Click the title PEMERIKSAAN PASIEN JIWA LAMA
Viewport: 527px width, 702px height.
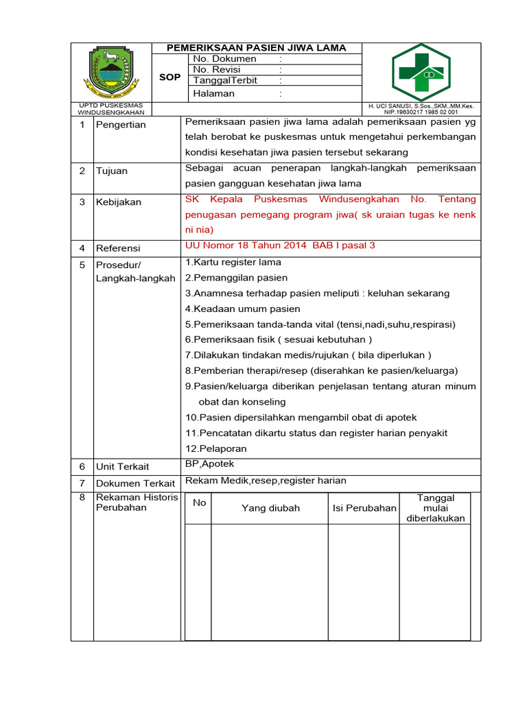point(257,48)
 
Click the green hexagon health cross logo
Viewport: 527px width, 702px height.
point(421,72)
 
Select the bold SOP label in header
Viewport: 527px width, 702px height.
point(169,77)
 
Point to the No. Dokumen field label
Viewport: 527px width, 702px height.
point(224,59)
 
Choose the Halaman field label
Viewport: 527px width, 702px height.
point(213,94)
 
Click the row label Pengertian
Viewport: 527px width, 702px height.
point(121,125)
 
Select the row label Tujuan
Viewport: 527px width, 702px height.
point(111,171)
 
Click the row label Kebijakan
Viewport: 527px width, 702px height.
point(119,202)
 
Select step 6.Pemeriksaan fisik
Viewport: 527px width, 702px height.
point(278,339)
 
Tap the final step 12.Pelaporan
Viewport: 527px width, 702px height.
point(215,448)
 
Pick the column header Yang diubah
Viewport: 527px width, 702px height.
point(270,508)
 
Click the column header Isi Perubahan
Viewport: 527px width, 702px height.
point(364,508)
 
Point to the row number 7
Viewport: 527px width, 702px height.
point(82,483)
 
